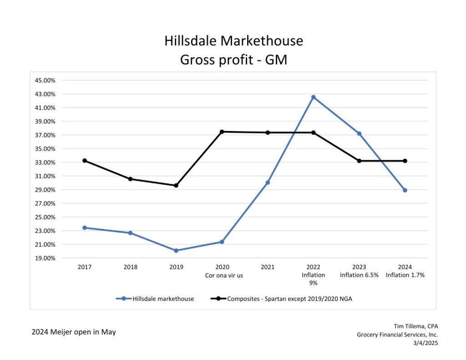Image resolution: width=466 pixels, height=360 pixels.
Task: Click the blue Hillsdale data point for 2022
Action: click(x=313, y=97)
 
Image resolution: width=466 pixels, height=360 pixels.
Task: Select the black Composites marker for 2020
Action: click(x=222, y=132)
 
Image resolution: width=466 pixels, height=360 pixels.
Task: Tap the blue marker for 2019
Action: click(x=176, y=250)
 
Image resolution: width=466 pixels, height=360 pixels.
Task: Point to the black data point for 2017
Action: click(x=85, y=161)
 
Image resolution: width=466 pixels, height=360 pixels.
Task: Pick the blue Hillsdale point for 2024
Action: click(x=405, y=190)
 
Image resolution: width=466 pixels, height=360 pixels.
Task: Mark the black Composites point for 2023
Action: click(x=359, y=161)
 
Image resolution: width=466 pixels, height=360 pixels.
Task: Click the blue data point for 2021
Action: click(x=268, y=183)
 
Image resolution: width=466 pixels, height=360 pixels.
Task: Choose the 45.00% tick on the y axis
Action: click(x=45, y=81)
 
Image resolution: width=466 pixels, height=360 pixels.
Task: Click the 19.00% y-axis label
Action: click(x=45, y=258)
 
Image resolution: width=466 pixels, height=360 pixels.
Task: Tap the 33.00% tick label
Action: click(x=45, y=162)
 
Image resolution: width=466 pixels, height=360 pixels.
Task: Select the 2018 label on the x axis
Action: click(x=130, y=267)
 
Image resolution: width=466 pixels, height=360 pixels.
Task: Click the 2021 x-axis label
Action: click(x=268, y=267)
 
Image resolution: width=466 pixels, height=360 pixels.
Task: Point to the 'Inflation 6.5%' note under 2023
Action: click(x=359, y=275)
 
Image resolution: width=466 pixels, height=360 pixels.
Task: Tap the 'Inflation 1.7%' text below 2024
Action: click(x=405, y=275)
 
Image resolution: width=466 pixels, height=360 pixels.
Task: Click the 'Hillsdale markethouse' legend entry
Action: click(x=163, y=299)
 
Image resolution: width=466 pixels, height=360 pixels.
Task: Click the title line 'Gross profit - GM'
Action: click(x=233, y=59)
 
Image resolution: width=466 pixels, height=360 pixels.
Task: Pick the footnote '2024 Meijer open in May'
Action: click(x=74, y=332)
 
